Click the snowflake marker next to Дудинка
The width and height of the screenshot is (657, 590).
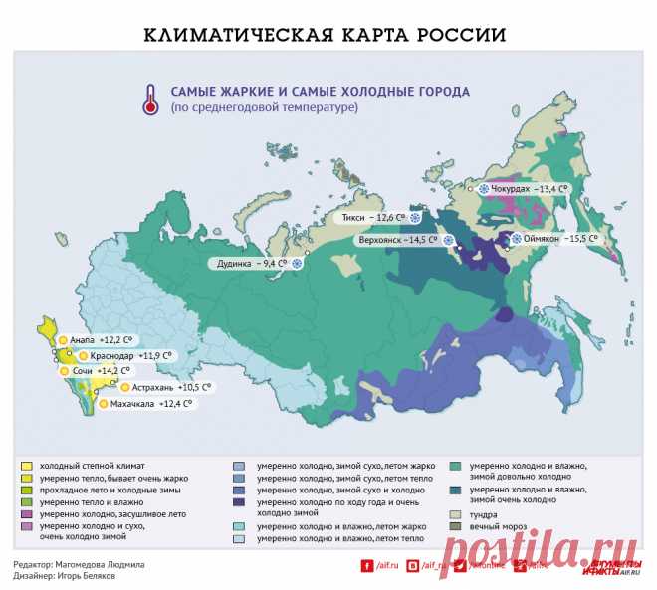[296, 264]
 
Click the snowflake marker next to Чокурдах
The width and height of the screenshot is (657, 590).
[486, 188]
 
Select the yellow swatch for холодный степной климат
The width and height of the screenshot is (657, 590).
[27, 465]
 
